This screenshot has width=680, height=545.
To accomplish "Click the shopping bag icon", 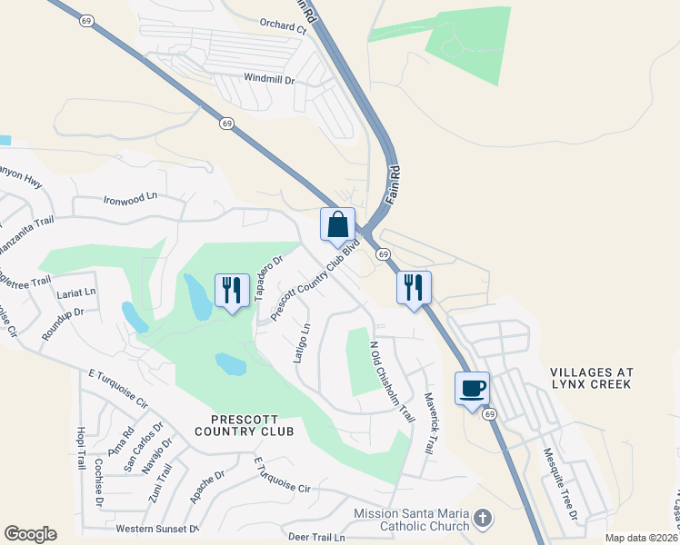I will pyautogui.click(x=337, y=224).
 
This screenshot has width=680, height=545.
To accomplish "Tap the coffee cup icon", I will pyautogui.click(x=472, y=389).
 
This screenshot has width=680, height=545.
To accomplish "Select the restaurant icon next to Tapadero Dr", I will pyautogui.click(x=232, y=290).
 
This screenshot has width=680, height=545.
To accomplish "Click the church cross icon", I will pyautogui.click(x=483, y=519).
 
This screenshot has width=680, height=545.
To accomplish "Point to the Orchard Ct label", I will pyautogui.click(x=284, y=28).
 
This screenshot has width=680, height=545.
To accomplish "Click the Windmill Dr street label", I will pyautogui.click(x=270, y=80).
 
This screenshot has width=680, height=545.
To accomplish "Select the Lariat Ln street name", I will pyautogui.click(x=75, y=293).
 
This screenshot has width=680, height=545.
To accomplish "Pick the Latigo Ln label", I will pyautogui.click(x=303, y=342).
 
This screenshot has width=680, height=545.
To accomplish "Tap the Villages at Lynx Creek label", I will pyautogui.click(x=591, y=380).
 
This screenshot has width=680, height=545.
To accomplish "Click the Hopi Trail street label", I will pyautogui.click(x=81, y=447).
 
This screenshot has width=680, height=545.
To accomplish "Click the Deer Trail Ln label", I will pyautogui.click(x=315, y=538).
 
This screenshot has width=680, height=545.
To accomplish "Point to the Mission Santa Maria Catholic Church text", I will pyautogui.click(x=412, y=520).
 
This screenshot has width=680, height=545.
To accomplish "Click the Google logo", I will pyautogui.click(x=30, y=534).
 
